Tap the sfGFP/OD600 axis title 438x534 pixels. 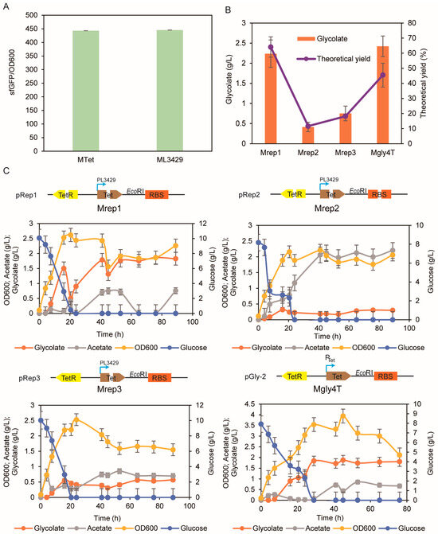click(x=9, y=79)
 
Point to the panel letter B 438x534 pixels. click(x=228, y=9)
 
